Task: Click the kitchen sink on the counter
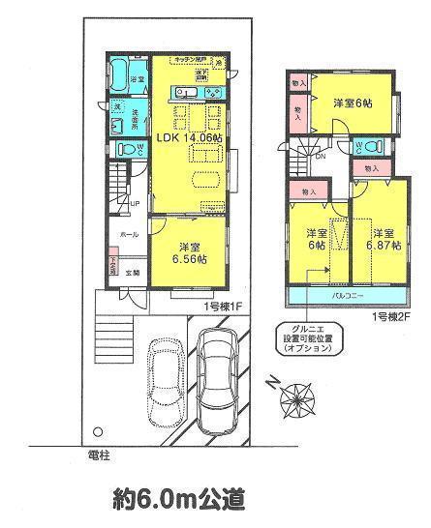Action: tap(185, 94)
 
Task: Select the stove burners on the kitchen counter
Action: tap(214, 93)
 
